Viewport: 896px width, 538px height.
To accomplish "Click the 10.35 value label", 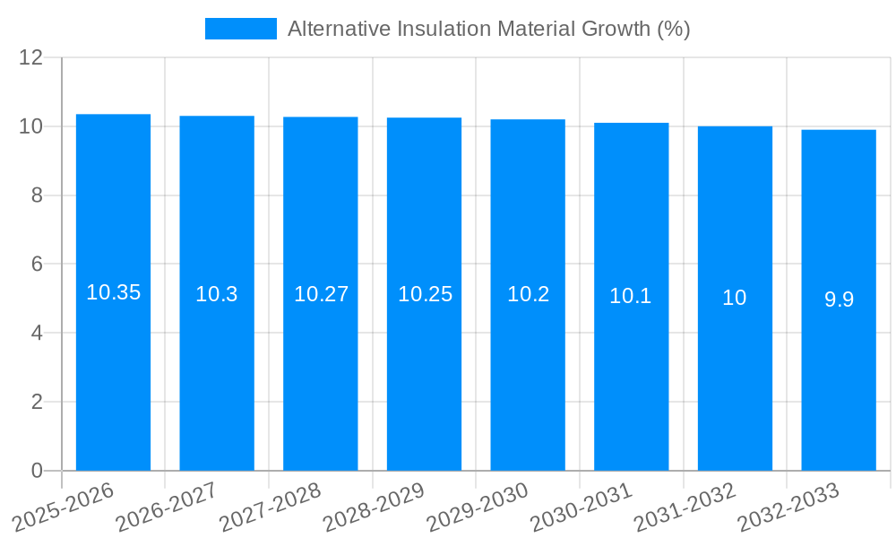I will pyautogui.click(x=113, y=292).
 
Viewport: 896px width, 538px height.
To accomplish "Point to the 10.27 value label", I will pyautogui.click(x=321, y=294).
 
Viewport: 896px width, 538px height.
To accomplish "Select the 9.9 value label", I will pyautogui.click(x=839, y=300).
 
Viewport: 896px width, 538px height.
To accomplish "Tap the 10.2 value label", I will pyautogui.click(x=528, y=294).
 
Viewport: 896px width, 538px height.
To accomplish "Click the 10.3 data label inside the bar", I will pyautogui.click(x=217, y=294).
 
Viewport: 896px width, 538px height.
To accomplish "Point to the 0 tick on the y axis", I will pyautogui.click(x=37, y=471).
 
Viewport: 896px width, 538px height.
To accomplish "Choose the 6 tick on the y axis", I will pyautogui.click(x=37, y=265).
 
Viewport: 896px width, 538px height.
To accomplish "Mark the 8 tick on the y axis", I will pyautogui.click(x=37, y=195).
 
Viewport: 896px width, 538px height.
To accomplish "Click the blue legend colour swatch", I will pyautogui.click(x=240, y=29).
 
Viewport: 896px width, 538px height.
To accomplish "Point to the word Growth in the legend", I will pyautogui.click(x=616, y=29).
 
